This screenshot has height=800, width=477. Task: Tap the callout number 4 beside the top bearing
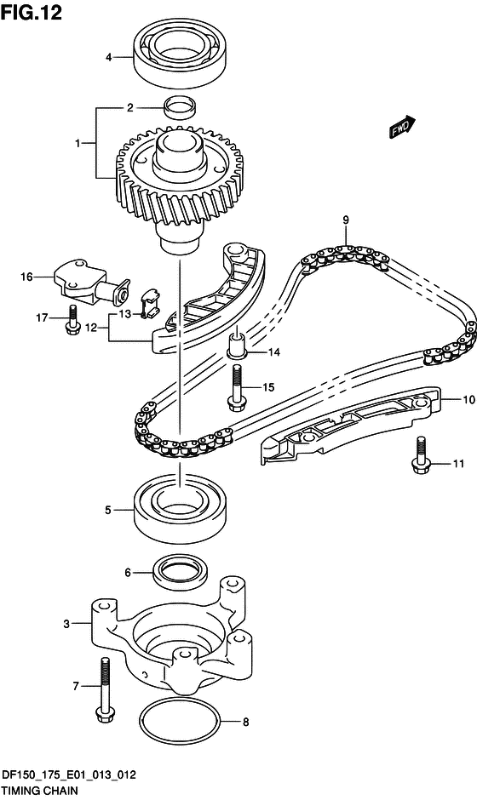coord(108,58)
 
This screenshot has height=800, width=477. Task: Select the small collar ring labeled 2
coord(181,106)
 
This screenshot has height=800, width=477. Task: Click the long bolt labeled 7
coord(104,690)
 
